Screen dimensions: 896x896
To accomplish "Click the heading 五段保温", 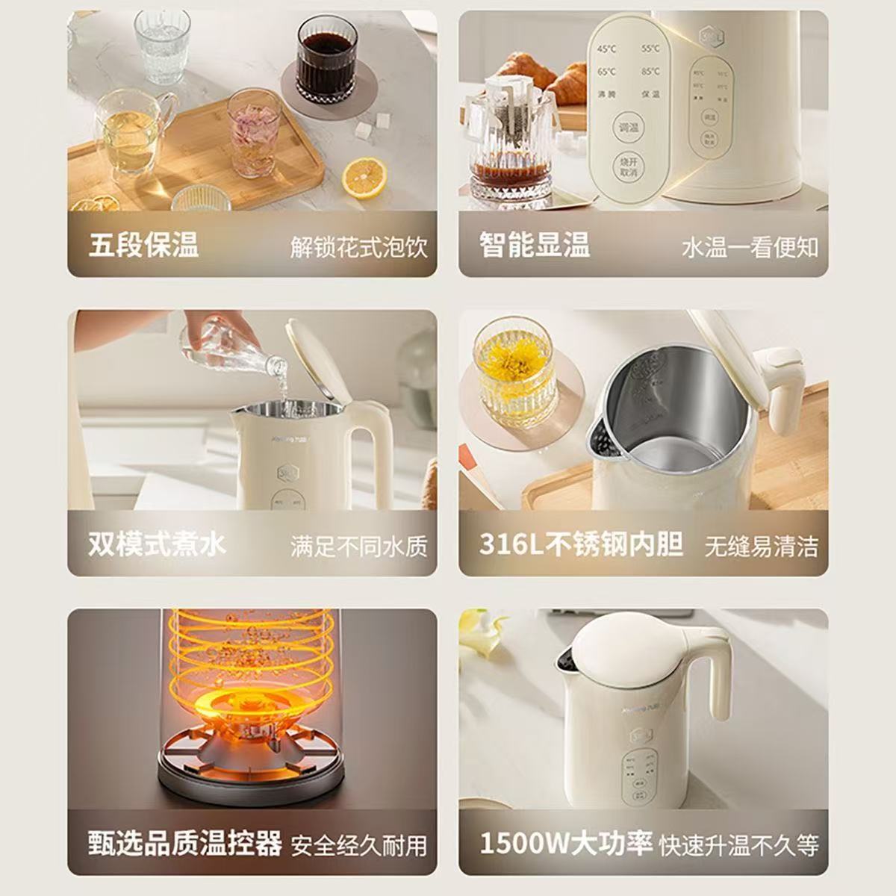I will coord(143,246).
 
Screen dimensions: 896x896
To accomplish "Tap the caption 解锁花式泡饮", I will coord(359,247).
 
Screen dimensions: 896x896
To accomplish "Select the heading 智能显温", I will coord(535,246).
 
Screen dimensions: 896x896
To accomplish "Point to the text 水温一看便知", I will coord(750,247).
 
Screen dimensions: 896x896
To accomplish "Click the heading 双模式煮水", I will coord(157,544).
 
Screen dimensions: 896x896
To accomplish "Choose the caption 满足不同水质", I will coord(359,547).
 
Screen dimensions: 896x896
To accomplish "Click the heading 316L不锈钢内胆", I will coord(581,544).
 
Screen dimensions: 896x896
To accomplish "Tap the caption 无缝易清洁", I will coord(761,547).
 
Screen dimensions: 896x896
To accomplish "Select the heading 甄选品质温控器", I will coord(185,843).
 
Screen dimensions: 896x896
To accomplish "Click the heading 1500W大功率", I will coord(566,843).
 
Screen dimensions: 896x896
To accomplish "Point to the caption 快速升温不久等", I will coord(739,844).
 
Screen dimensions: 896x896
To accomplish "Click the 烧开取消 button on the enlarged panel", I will coord(628,167).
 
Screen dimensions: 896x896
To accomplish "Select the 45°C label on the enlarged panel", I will coord(606,49).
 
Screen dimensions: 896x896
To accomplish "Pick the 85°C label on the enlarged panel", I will coord(650,72).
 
